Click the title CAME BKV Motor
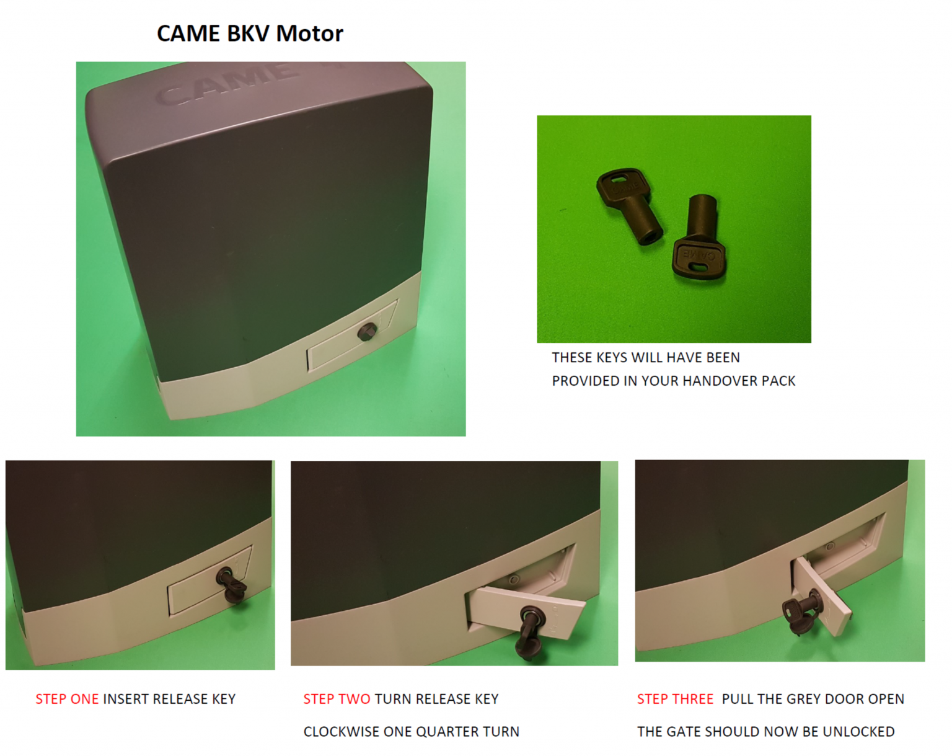pyautogui.click(x=250, y=33)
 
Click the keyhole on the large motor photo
pyautogui.click(x=367, y=332)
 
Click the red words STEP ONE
pyautogui.click(x=67, y=699)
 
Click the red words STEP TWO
pyautogui.click(x=337, y=699)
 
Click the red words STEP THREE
pyautogui.click(x=675, y=699)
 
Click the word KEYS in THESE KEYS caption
pyautogui.click(x=611, y=358)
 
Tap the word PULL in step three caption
pyautogui.click(x=737, y=699)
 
